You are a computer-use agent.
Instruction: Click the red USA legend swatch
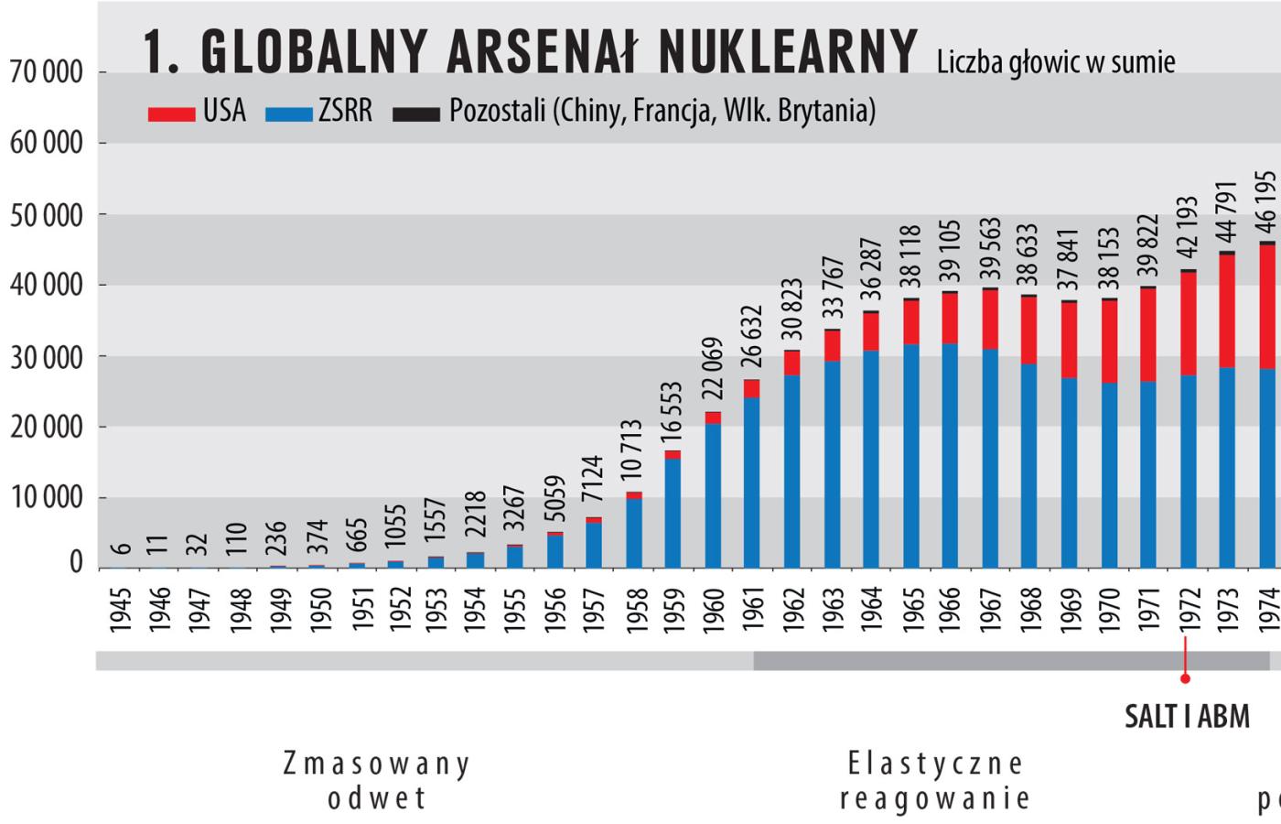[x=171, y=114]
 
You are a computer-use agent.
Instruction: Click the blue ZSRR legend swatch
[x=289, y=114]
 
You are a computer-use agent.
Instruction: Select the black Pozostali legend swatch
[x=416, y=114]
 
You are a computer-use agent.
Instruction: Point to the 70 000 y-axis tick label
[x=46, y=72]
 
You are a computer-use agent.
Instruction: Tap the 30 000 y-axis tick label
[x=46, y=357]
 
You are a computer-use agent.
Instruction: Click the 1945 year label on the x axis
[x=121, y=609]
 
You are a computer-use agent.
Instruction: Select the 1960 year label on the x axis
[x=714, y=609]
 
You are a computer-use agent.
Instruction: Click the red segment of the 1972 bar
[x=1188, y=323]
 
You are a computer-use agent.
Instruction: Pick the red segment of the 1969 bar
[x=1069, y=340]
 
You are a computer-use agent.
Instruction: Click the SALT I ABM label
[x=1187, y=716]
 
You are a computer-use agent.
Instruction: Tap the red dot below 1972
[x=1185, y=678]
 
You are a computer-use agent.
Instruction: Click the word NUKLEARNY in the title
[x=787, y=50]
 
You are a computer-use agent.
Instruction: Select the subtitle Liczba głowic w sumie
[x=1056, y=61]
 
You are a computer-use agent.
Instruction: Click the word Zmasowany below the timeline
[x=376, y=763]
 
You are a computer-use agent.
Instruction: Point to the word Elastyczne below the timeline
[x=935, y=763]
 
